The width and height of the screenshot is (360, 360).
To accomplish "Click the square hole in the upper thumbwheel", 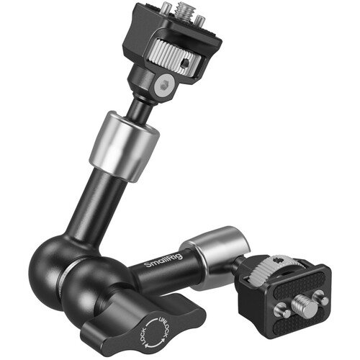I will pos(185,64).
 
